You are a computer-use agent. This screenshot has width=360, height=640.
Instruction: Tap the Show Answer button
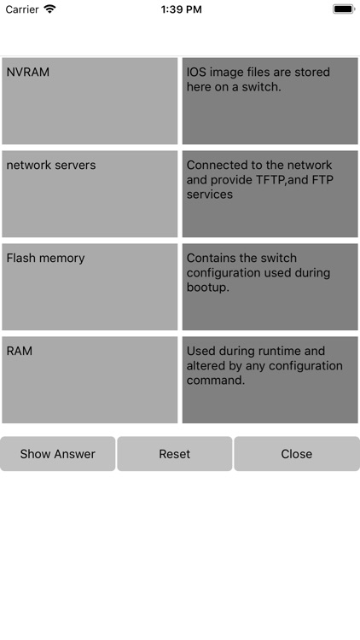click(x=57, y=454)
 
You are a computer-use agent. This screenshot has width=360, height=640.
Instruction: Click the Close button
click(x=296, y=454)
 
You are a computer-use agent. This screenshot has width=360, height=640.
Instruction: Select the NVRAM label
click(x=28, y=73)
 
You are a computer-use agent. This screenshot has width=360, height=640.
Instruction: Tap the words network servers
click(x=51, y=166)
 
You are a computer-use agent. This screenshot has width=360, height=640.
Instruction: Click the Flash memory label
click(x=45, y=259)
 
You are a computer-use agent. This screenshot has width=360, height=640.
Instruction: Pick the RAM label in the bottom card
click(x=20, y=352)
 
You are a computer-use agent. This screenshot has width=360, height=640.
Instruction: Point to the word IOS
click(x=196, y=73)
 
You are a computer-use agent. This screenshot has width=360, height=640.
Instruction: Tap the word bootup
click(x=208, y=288)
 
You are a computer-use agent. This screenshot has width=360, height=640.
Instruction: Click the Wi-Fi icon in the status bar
click(x=50, y=9)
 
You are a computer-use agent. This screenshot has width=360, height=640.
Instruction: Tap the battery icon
click(x=343, y=9)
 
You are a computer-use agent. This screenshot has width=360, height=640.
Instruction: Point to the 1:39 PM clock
click(x=181, y=9)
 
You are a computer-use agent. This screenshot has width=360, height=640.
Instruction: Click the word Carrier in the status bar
click(x=22, y=9)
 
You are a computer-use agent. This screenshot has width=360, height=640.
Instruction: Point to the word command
click(x=216, y=381)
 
